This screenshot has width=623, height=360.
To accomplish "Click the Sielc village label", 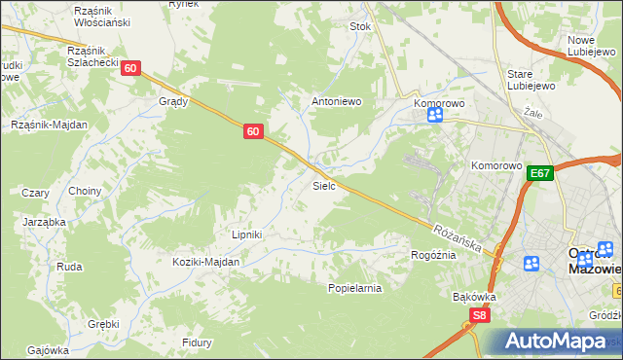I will tap(324, 185).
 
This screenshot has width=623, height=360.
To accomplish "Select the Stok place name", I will tap(361, 27).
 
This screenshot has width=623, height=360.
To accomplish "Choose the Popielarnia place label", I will tap(354, 288).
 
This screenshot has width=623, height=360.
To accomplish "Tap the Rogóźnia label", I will tap(433, 255).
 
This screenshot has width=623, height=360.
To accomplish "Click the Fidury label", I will tap(197, 342).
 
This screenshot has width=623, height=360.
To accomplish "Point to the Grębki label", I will tap(102, 324).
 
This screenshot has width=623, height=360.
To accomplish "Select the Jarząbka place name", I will tap(44, 222).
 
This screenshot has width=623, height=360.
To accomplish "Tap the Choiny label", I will tap(85, 191).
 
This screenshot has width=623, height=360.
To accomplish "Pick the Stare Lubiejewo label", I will tap(531, 79).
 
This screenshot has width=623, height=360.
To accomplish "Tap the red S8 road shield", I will tap(479, 315).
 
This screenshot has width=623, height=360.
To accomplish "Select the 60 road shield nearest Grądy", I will tap(131, 68).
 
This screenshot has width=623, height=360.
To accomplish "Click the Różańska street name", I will tap(459, 238).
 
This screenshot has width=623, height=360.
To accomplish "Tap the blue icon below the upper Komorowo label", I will tap(434, 115).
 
